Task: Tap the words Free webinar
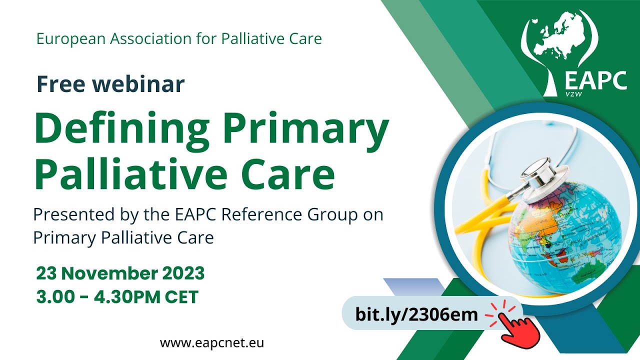point(110,84)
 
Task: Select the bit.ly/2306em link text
point(416,314)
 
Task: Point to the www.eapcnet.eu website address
point(212,343)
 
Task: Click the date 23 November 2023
point(120,273)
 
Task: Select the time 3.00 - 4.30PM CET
point(117,297)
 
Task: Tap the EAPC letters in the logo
point(595,80)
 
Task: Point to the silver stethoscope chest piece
point(540,172)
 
